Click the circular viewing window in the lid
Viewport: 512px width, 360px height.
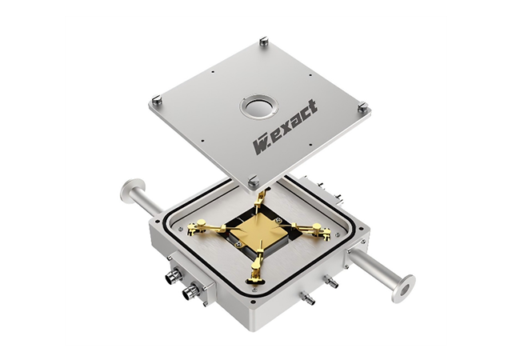point(258,107)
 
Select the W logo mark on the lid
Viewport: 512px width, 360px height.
point(262,145)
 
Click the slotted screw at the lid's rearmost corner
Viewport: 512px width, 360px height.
point(264,41)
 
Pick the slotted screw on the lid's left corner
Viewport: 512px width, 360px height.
point(157,99)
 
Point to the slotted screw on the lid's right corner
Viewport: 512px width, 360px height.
point(363,106)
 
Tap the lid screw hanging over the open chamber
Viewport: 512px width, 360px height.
point(254,180)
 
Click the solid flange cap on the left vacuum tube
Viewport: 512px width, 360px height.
point(127,190)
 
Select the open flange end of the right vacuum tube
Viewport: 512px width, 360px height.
point(404,289)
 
